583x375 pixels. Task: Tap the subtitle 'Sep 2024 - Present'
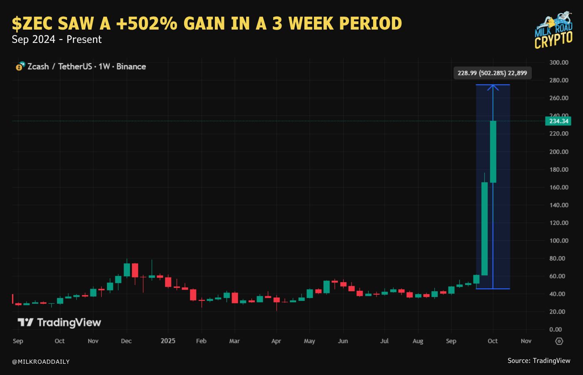pyautogui.click(x=57, y=40)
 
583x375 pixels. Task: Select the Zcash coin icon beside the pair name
pyautogui.click(x=20, y=66)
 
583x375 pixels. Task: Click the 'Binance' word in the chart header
pyautogui.click(x=131, y=67)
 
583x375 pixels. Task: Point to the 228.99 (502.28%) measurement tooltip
pyautogui.click(x=492, y=73)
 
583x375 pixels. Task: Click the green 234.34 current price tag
pyautogui.click(x=558, y=121)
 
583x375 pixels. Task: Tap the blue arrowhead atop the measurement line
pyautogui.click(x=493, y=87)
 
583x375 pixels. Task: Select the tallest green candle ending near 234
pyautogui.click(x=493, y=152)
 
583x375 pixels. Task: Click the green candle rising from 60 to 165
pyautogui.click(x=484, y=228)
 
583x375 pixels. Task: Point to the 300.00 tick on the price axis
pyautogui.click(x=558, y=62)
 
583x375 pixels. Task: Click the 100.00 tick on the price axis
pyautogui.click(x=558, y=240)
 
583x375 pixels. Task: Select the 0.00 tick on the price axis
pyautogui.click(x=556, y=329)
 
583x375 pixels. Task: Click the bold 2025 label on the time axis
pyautogui.click(x=168, y=341)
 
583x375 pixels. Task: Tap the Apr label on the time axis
pyautogui.click(x=276, y=341)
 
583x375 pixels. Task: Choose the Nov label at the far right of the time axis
pyautogui.click(x=526, y=341)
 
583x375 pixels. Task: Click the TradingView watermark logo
pyautogui.click(x=59, y=322)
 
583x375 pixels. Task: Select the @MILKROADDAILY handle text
pyautogui.click(x=41, y=362)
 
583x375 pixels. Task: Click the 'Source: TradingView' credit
pyautogui.click(x=538, y=361)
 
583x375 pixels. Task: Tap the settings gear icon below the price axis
pyautogui.click(x=559, y=341)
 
